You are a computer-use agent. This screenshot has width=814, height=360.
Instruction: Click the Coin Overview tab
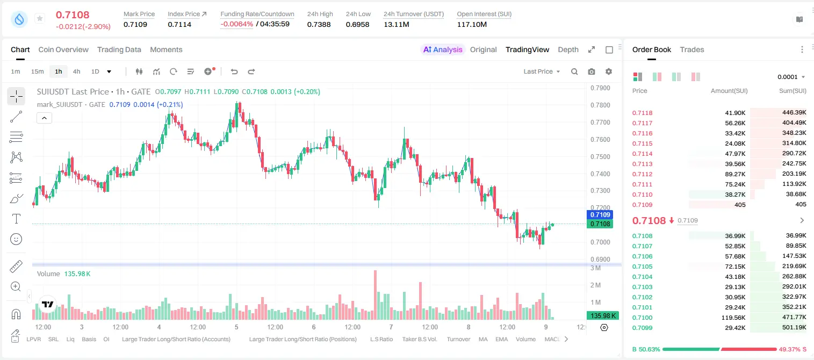(x=63, y=49)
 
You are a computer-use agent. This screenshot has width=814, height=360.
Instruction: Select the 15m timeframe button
(x=37, y=71)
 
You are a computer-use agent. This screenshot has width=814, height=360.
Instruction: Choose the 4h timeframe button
(x=76, y=71)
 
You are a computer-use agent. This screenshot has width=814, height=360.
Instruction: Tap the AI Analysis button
(x=443, y=49)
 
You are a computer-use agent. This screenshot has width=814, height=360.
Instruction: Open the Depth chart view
(x=568, y=49)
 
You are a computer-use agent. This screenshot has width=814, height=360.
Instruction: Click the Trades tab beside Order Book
(x=692, y=49)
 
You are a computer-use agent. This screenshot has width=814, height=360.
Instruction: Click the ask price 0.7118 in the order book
(x=642, y=113)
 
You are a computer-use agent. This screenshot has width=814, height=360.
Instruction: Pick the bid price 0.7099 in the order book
(x=642, y=328)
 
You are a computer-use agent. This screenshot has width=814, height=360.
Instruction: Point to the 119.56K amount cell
(x=733, y=318)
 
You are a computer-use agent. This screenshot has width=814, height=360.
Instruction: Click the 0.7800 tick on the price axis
(x=600, y=105)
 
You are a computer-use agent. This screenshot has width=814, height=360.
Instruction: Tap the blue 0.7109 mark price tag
(x=600, y=215)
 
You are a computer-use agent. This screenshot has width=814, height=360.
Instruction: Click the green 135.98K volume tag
(x=603, y=316)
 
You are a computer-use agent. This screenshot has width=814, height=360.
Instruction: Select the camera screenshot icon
(x=592, y=71)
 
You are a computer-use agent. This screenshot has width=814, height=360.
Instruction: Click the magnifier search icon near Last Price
(x=574, y=71)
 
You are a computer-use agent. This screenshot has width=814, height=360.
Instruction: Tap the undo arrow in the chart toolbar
(x=234, y=71)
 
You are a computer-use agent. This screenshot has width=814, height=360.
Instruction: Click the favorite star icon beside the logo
(x=40, y=18)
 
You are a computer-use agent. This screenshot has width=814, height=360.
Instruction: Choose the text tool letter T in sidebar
(x=16, y=219)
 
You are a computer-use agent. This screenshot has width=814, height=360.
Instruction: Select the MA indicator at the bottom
(x=483, y=339)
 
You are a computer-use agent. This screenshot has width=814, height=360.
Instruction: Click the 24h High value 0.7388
(x=319, y=24)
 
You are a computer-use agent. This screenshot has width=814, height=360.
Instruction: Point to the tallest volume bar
(x=376, y=295)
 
